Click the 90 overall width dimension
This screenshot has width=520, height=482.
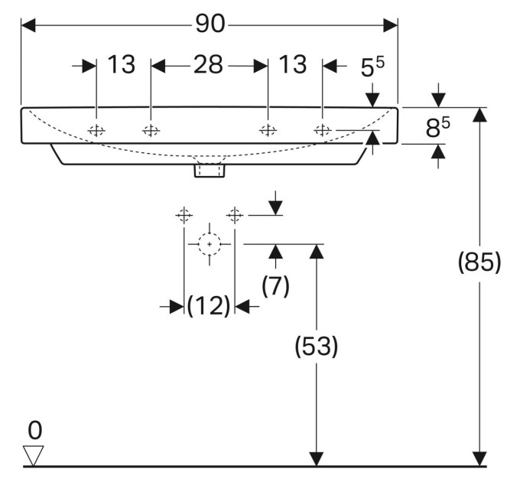point(210,24)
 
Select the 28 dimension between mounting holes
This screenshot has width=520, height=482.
point(208,65)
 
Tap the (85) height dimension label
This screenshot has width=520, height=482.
point(479,262)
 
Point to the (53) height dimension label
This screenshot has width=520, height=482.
point(317,347)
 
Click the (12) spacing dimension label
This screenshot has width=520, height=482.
point(209,305)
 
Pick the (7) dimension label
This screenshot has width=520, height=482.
point(275,285)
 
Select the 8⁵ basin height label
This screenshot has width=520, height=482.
point(437,127)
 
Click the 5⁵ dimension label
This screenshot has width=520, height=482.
point(372,67)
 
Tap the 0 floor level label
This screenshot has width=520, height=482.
point(35,430)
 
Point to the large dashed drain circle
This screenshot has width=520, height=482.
point(210,244)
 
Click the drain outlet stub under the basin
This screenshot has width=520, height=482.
point(210,170)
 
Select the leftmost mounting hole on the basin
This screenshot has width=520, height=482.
point(96,131)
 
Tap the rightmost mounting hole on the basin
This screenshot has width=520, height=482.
point(323,130)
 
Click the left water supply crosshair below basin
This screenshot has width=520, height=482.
point(184,216)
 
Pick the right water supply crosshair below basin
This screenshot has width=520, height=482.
point(235,216)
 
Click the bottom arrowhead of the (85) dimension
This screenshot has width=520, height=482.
point(479,459)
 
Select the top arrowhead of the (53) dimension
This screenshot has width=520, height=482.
point(317,252)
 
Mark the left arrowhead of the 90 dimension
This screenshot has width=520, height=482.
point(28,25)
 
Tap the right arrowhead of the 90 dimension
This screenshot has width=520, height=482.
point(390,25)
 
